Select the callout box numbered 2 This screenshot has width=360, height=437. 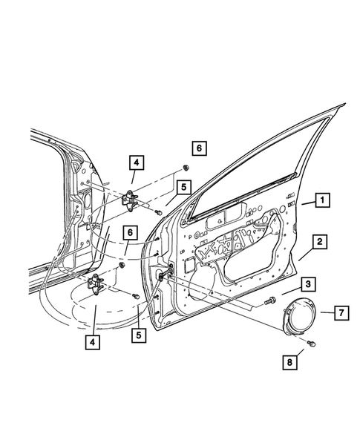(318, 241)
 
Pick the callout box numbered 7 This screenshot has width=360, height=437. (338, 315)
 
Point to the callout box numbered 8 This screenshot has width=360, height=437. (292, 363)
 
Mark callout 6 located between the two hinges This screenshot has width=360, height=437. (130, 232)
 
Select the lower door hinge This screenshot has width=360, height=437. (97, 283)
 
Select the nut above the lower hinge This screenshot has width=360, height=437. (121, 263)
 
